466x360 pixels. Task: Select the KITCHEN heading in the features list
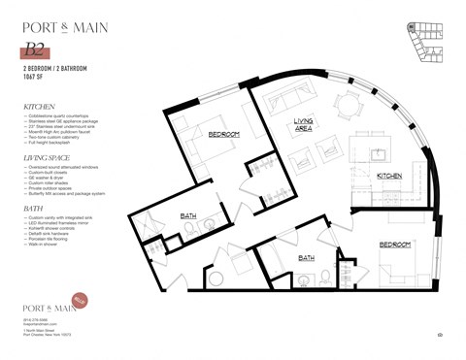[40, 108]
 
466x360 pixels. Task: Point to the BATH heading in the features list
[32, 207]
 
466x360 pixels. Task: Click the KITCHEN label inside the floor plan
[389, 176]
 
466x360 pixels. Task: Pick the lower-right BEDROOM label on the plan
[396, 245]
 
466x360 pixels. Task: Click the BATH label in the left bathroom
[189, 215]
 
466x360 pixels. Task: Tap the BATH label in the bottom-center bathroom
[306, 257]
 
